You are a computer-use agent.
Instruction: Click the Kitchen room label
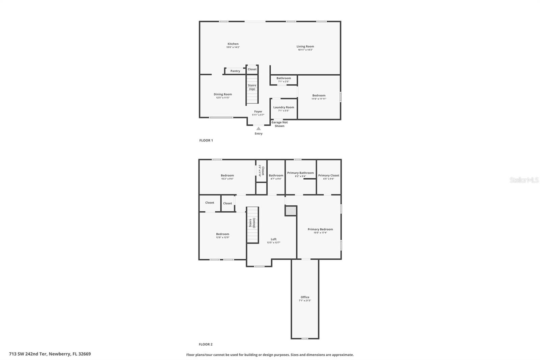(x=233, y=44)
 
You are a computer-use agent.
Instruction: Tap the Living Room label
(x=305, y=47)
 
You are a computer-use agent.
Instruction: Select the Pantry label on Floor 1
(x=235, y=71)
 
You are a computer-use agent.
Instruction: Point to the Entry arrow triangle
(x=259, y=128)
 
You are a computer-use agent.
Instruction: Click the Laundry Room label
(x=283, y=107)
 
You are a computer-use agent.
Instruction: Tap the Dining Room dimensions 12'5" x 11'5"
(x=223, y=98)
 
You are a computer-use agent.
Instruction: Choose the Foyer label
(x=258, y=111)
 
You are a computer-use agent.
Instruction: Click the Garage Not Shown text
(x=279, y=124)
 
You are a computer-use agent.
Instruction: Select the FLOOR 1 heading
(x=206, y=140)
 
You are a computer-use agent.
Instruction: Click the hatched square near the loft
(x=291, y=211)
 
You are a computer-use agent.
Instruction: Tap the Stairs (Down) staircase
(x=252, y=225)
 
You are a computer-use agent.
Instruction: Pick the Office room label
(x=305, y=297)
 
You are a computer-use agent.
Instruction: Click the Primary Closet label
(x=328, y=176)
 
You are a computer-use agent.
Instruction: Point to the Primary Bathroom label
(x=300, y=173)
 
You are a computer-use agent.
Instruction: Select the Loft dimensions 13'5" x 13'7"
(x=273, y=242)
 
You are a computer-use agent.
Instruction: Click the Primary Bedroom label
(x=320, y=229)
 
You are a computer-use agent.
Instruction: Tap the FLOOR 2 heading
(x=206, y=344)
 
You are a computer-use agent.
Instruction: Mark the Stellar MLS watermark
(x=524, y=180)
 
